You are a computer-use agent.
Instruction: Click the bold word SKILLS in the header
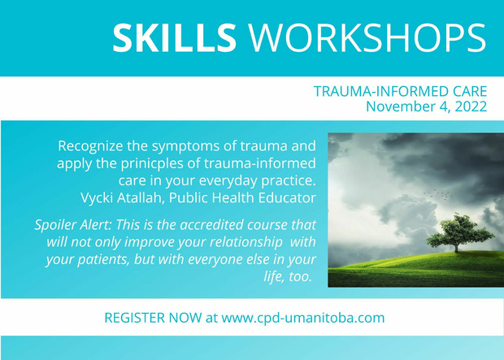coord(174,38)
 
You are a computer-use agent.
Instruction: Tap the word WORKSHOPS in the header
coord(367,38)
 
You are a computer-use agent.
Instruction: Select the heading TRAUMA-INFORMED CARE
coord(400,91)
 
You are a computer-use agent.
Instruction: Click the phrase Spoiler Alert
coord(72,224)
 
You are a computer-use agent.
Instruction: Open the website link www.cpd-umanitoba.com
coord(302,318)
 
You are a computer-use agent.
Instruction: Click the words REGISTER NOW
coord(153,318)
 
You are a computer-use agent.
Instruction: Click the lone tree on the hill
coord(459,232)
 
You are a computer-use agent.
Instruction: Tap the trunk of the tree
coord(456,247)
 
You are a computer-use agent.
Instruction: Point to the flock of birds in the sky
coord(438,194)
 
